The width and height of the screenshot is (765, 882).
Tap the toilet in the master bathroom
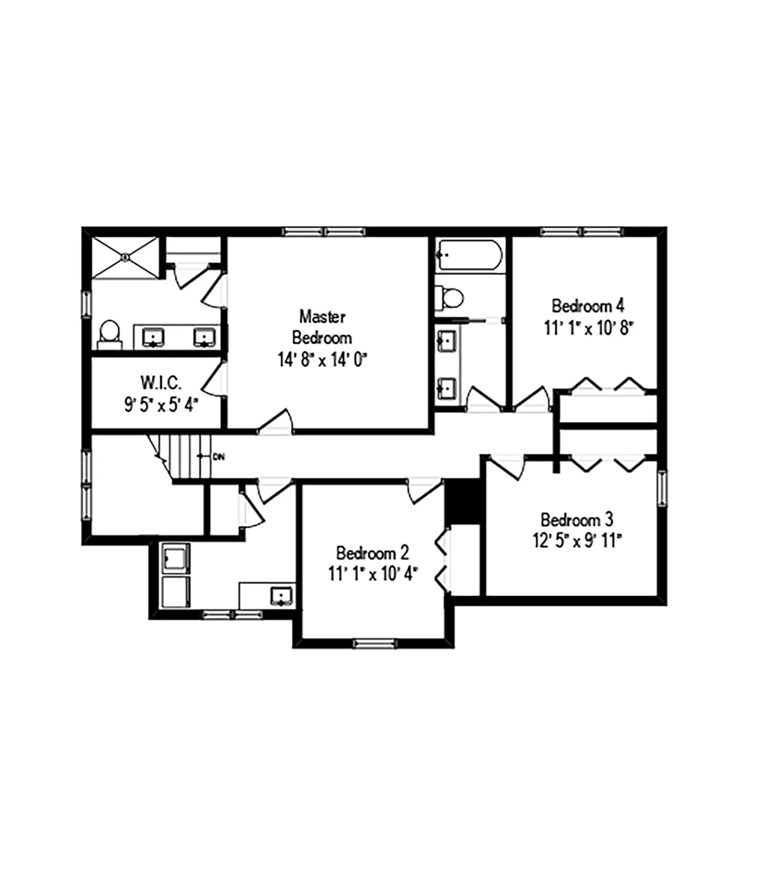click(x=110, y=332)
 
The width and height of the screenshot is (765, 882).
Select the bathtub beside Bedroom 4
click(x=469, y=254)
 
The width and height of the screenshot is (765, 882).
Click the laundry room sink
click(x=278, y=596)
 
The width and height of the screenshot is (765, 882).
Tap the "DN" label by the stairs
click(x=218, y=456)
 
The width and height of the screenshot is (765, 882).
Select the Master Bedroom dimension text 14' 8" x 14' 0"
click(x=322, y=360)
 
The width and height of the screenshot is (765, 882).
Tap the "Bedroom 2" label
click(x=372, y=553)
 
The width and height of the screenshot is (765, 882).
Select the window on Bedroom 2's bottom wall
click(x=374, y=642)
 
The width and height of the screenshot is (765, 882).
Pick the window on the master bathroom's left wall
click(x=87, y=303)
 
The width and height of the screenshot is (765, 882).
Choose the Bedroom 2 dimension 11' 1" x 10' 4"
click(x=372, y=575)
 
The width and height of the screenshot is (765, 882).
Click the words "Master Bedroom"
click(x=321, y=326)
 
